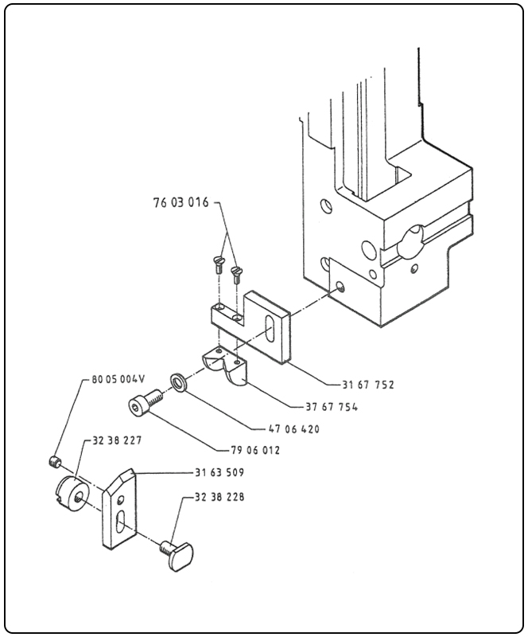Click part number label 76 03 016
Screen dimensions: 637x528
181,203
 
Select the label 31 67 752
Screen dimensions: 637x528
368,385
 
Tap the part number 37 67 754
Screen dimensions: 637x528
332,407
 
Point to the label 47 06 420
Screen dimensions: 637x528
296,429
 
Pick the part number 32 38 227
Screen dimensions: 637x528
114,439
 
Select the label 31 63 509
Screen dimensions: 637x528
219,471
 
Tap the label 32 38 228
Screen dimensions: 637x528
219,497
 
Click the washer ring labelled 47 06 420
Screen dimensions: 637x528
179,382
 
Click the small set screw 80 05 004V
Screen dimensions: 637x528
54,461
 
